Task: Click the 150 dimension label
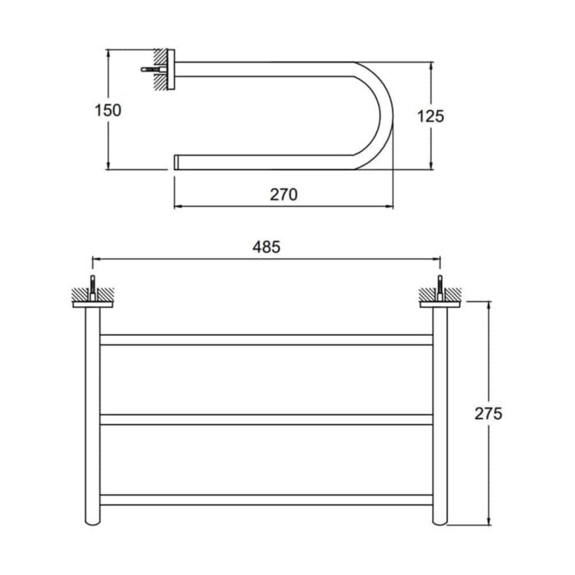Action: click(x=108, y=110)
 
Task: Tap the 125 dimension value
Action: click(x=430, y=117)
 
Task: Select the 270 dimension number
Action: click(x=283, y=195)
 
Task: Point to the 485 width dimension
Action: click(x=266, y=246)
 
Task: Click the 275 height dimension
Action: click(x=488, y=414)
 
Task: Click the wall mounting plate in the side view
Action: click(x=171, y=69)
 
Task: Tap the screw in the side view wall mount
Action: click(x=154, y=69)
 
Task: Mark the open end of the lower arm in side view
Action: click(x=176, y=162)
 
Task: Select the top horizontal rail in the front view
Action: click(x=266, y=339)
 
